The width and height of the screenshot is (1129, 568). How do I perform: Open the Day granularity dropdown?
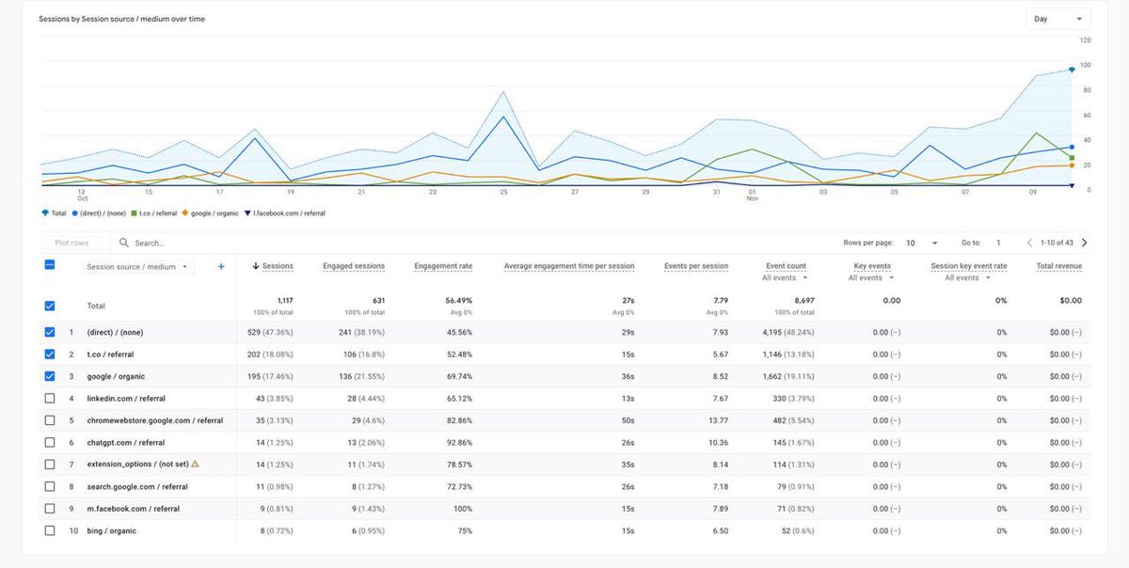point(1057,19)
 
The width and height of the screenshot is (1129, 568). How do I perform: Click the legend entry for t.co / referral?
point(153,213)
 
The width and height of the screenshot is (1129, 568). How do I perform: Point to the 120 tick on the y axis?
point(1085,40)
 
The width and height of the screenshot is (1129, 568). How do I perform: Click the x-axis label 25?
point(503,192)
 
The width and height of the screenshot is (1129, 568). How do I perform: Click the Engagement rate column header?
point(443,266)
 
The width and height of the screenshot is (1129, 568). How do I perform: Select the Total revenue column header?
point(1058,266)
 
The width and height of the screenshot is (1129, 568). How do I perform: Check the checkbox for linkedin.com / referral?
point(50,399)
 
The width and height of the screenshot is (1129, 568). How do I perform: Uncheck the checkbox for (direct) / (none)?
point(50,332)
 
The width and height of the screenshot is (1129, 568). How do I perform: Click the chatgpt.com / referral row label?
point(125,443)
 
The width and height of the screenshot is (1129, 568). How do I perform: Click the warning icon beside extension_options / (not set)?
point(196,465)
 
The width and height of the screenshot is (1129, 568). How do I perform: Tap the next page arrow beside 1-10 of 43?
point(1084,243)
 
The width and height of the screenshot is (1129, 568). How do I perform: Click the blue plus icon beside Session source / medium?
point(221,266)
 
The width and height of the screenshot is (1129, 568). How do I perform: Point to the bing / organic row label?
point(111,531)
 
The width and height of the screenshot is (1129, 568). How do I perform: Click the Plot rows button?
point(72,243)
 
